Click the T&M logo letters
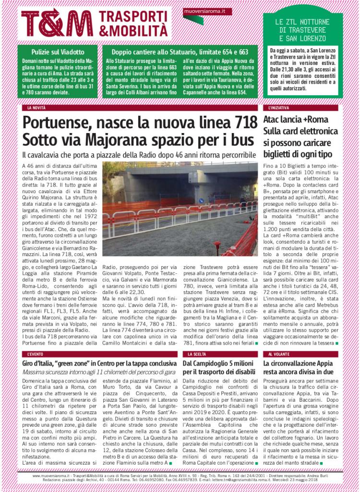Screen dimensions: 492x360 [x=57, y=23]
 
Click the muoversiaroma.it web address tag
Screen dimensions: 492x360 [x=201, y=11]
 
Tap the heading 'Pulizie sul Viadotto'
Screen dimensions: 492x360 [x=58, y=51]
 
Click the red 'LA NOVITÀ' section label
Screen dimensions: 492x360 [x=36, y=108]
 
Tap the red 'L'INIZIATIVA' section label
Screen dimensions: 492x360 [x=279, y=108]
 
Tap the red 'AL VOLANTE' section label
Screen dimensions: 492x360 [x=279, y=354]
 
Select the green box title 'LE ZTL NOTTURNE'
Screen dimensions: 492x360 [x=302, y=22]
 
